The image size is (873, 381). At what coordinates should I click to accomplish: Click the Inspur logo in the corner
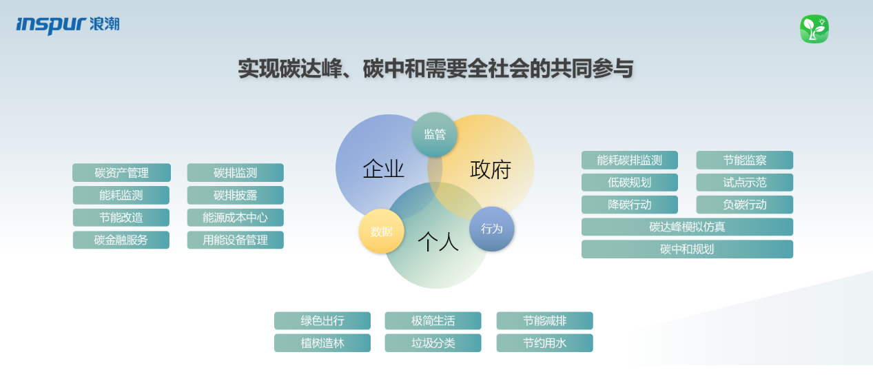click(68, 25)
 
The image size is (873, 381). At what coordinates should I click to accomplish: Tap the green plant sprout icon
click(814, 29)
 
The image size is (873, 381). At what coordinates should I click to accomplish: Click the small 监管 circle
click(435, 134)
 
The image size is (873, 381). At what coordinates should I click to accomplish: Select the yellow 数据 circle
click(381, 231)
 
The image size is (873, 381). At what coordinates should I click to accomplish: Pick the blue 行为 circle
click(491, 229)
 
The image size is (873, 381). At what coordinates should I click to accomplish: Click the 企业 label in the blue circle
click(383, 169)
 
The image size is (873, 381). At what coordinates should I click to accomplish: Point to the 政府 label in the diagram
click(491, 169)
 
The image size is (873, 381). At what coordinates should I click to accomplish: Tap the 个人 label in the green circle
click(438, 242)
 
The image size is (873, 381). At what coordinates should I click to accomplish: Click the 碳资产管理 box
click(121, 172)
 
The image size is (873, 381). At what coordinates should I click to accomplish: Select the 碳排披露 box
click(236, 195)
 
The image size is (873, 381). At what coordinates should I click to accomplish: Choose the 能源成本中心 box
click(236, 218)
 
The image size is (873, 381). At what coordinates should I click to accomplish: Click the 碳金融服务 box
click(121, 240)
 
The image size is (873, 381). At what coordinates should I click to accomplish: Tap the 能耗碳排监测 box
click(630, 160)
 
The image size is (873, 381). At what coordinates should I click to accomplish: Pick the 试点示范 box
click(745, 183)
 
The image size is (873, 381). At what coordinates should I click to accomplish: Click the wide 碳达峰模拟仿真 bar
click(687, 227)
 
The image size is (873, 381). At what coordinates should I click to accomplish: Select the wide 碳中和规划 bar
click(687, 249)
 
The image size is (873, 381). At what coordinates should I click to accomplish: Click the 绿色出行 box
click(322, 320)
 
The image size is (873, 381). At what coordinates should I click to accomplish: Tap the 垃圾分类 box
click(433, 343)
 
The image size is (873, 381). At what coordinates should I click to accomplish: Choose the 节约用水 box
click(545, 343)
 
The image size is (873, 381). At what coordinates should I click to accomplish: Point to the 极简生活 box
click(433, 320)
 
